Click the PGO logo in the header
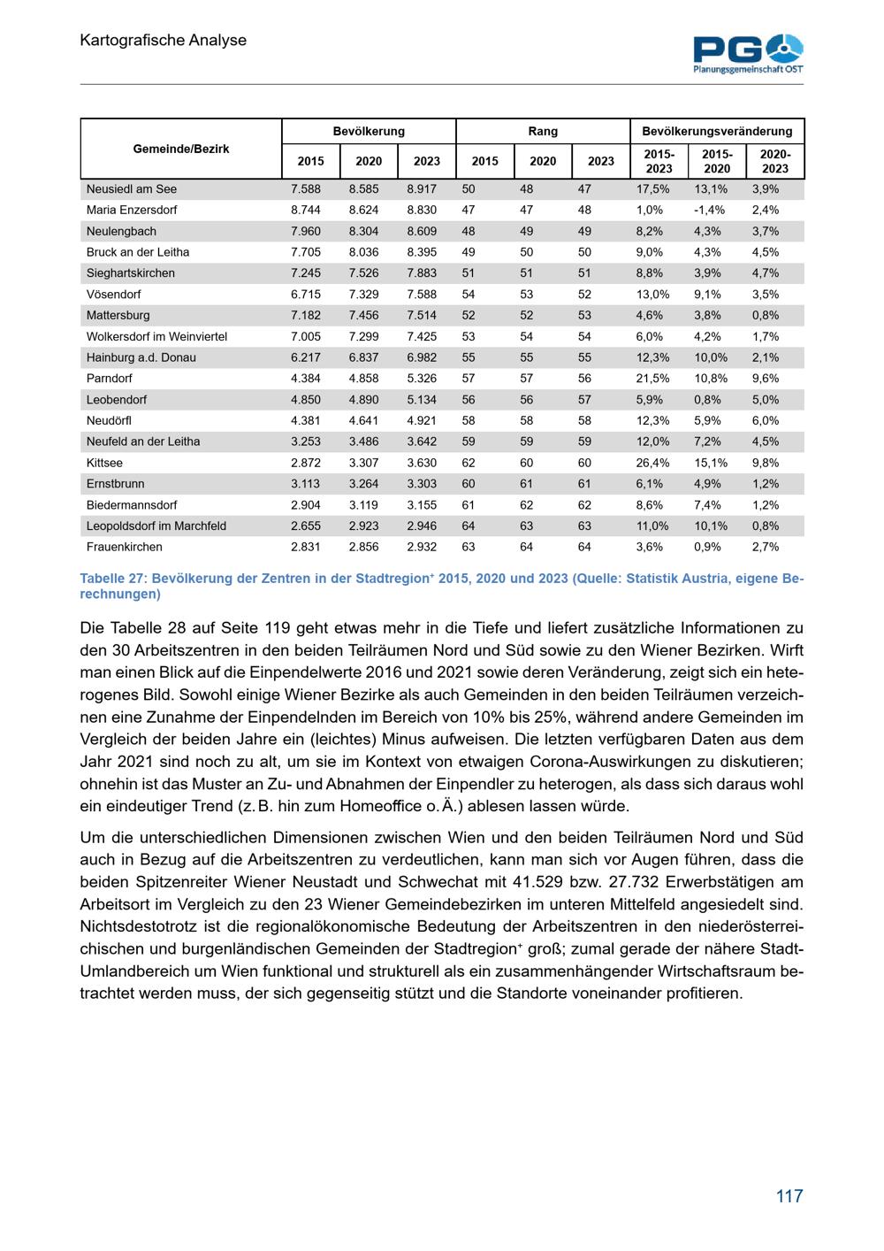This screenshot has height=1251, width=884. (x=748, y=52)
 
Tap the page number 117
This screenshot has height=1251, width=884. (x=789, y=1196)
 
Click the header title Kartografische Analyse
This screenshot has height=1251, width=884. (x=163, y=40)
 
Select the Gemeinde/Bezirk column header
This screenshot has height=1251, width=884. (x=181, y=149)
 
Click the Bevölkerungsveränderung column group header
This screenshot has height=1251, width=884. (x=717, y=131)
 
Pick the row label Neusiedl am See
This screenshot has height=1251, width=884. (x=132, y=189)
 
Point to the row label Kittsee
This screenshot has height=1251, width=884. (x=104, y=463)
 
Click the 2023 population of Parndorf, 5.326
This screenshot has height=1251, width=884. (x=422, y=379)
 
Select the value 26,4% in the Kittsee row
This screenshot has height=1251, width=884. (x=652, y=463)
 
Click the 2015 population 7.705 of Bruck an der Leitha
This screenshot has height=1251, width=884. (x=306, y=252)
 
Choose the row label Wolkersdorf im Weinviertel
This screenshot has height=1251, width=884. (x=156, y=336)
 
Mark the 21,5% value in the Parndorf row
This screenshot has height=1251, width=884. (x=652, y=379)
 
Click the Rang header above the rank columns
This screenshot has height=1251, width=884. (x=543, y=131)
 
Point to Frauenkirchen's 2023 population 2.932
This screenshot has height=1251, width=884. (x=422, y=547)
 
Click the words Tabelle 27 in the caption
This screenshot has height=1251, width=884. (x=112, y=579)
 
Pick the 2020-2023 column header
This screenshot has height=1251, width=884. (x=775, y=161)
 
